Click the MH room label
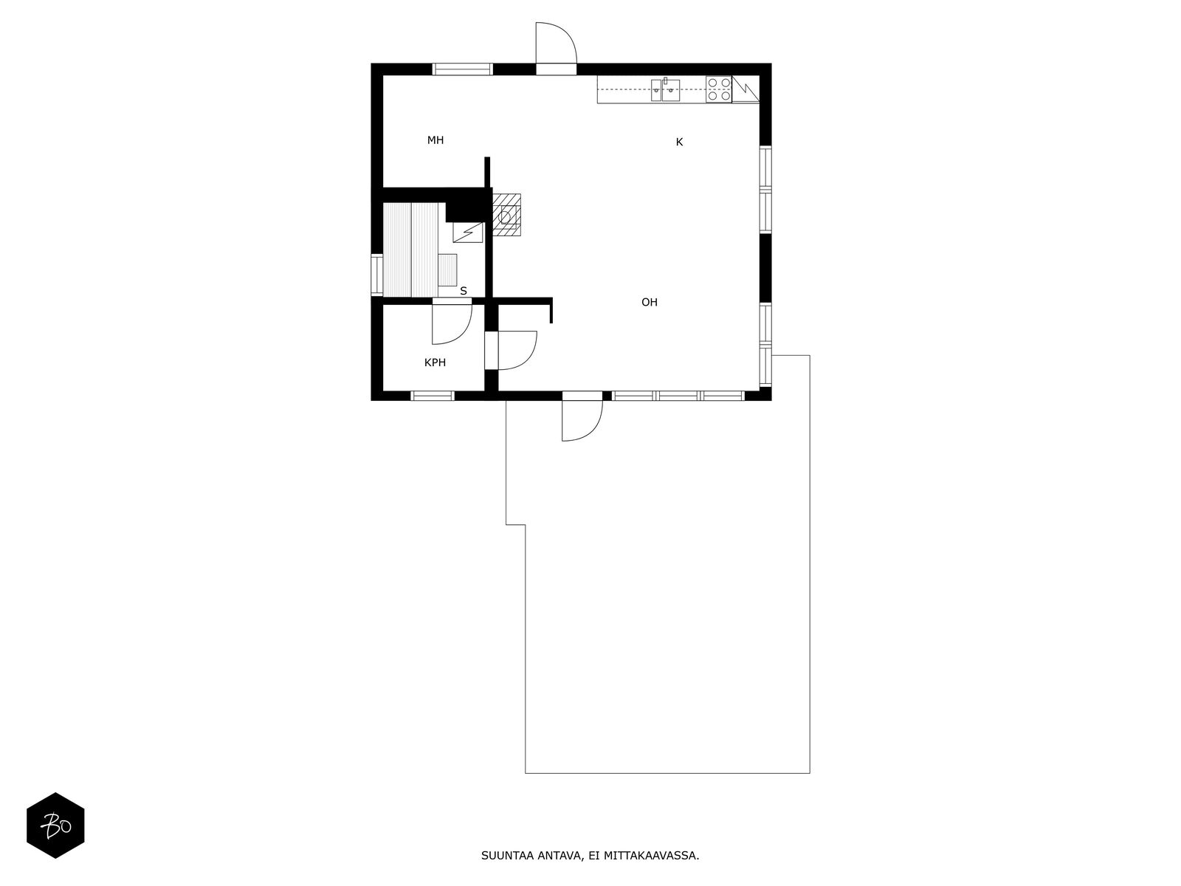(435, 140)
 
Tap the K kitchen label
(679, 142)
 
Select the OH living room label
(649, 302)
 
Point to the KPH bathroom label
(435, 363)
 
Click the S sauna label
(464, 291)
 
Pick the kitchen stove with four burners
(718, 89)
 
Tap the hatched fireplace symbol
(506, 215)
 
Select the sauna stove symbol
(467, 233)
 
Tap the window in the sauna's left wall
(376, 275)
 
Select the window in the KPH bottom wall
(432, 396)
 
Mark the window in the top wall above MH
(462, 69)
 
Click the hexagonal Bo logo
(55, 825)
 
